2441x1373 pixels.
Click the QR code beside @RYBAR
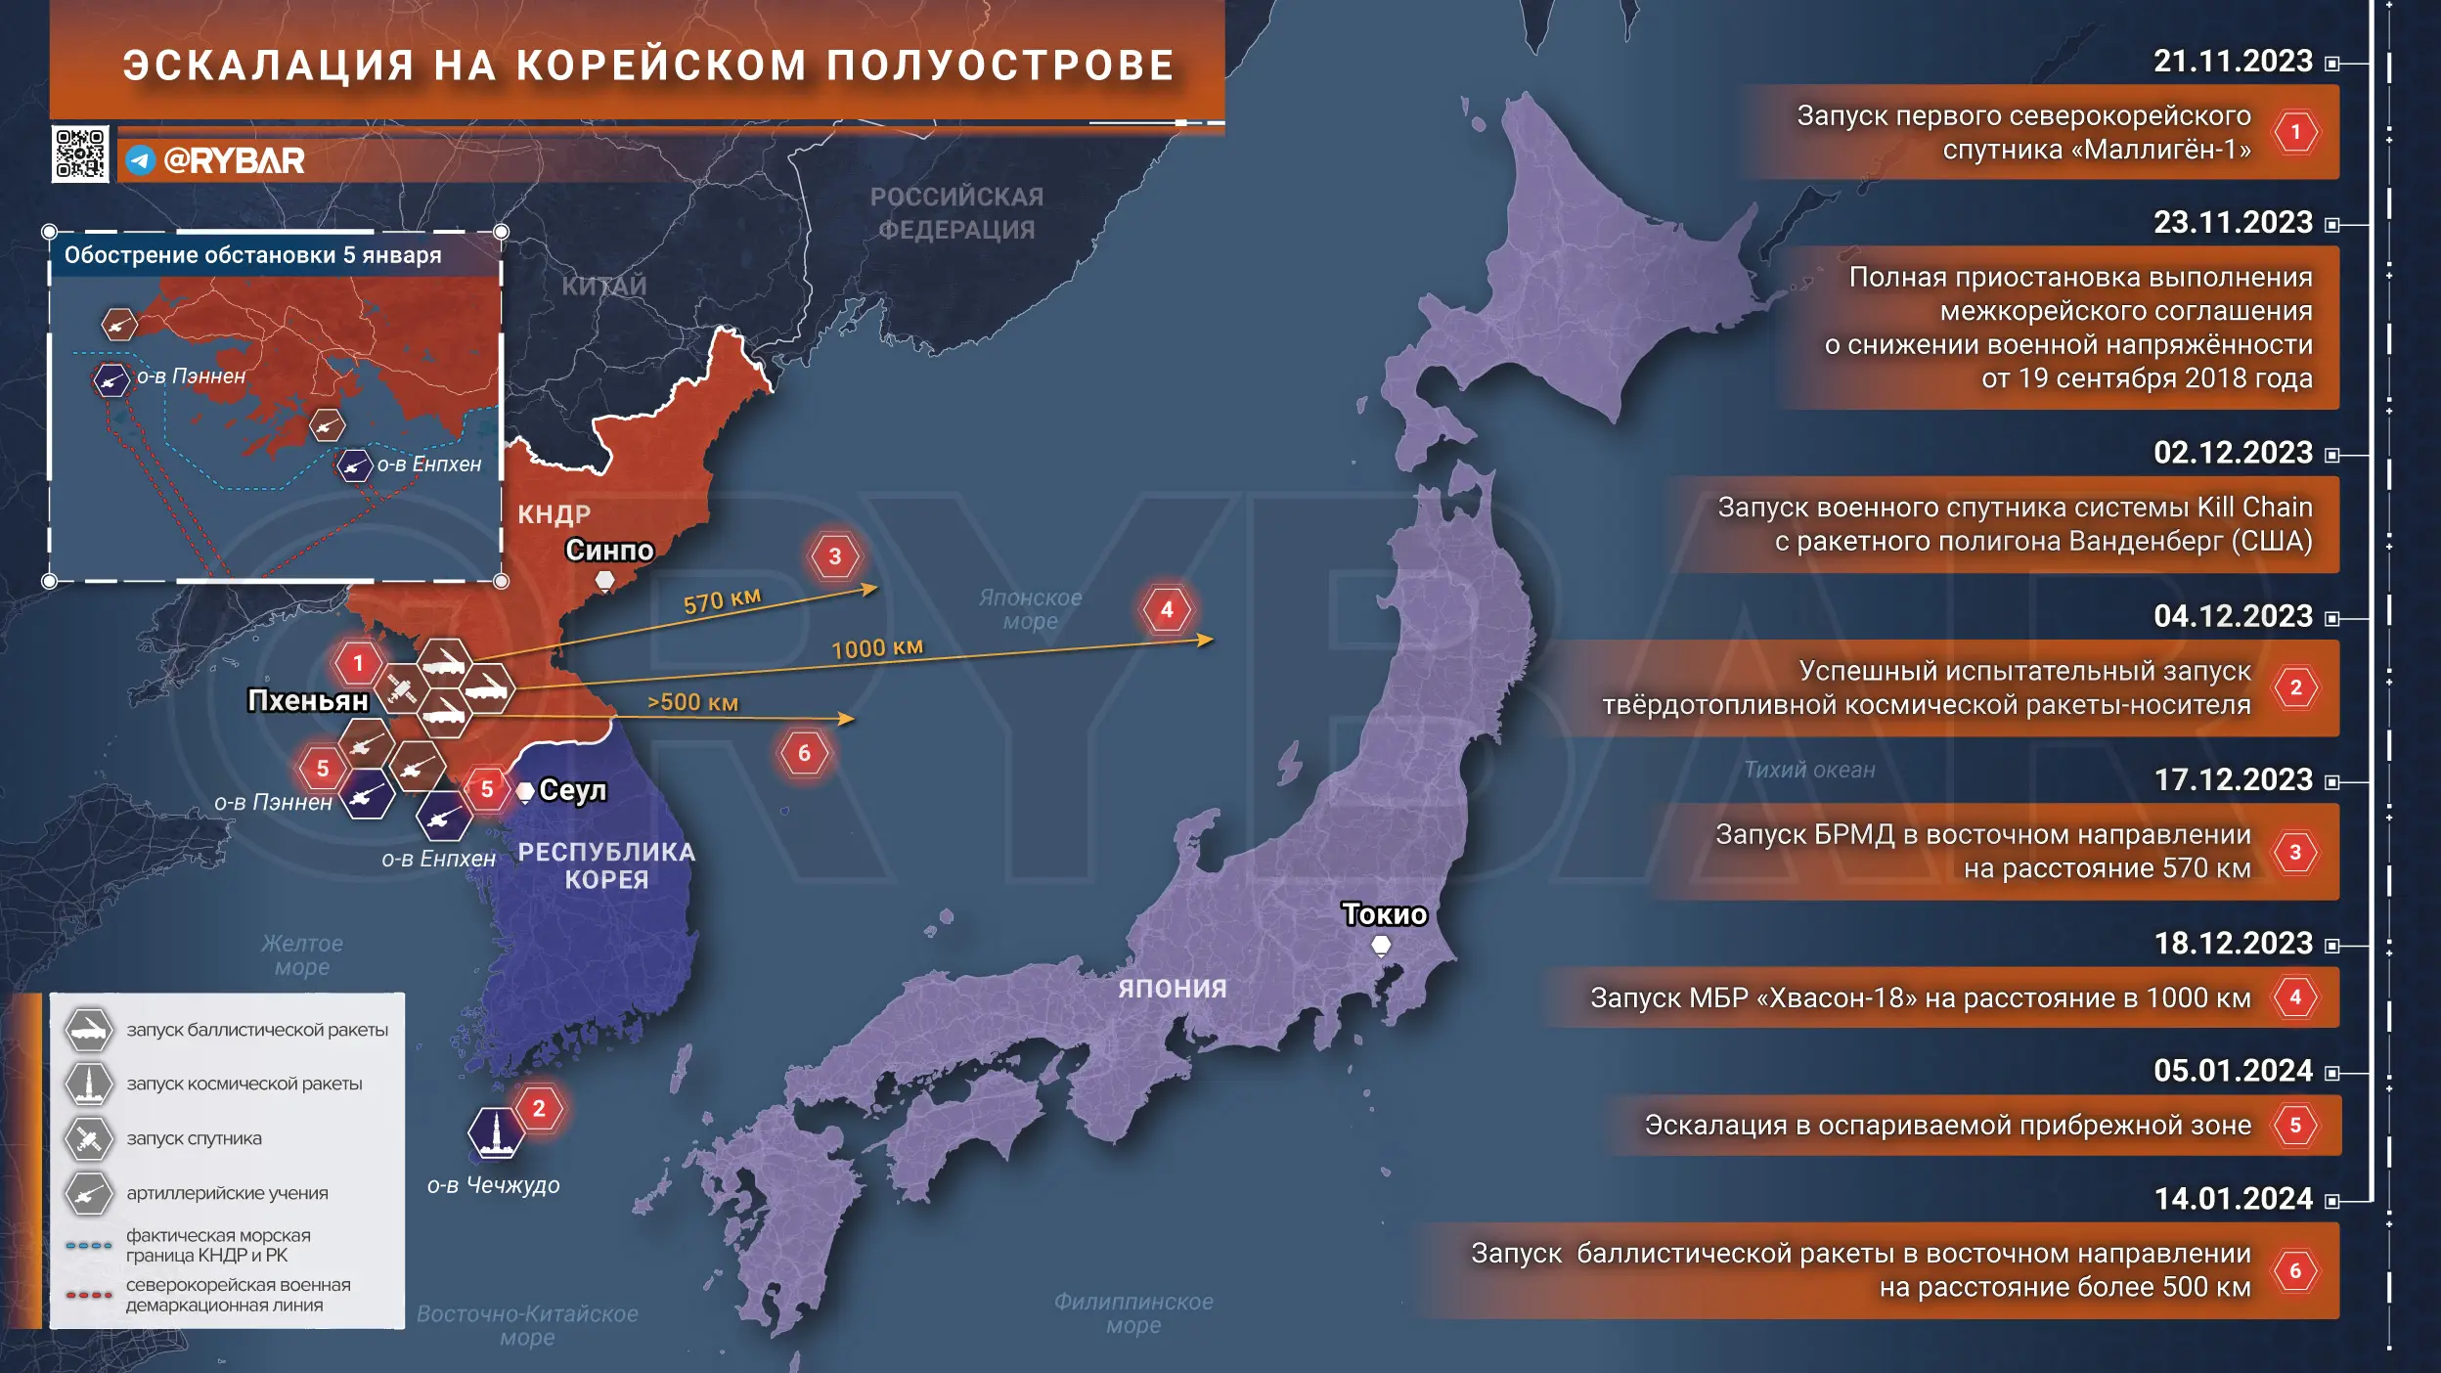click(x=80, y=155)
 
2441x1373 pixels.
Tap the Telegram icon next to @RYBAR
click(x=141, y=160)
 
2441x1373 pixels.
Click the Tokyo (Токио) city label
click(x=1384, y=914)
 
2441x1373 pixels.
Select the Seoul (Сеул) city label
click(x=572, y=790)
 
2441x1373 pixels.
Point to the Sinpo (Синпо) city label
click(x=608, y=551)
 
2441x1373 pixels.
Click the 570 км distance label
click(x=722, y=600)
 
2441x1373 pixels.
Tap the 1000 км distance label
click(x=876, y=648)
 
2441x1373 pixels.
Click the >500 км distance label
click(x=692, y=702)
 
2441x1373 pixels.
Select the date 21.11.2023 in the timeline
click(x=2233, y=62)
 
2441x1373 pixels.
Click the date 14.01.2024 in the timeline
click(x=2233, y=1199)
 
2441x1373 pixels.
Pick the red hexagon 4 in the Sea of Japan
click(x=1167, y=610)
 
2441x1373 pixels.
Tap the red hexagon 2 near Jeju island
click(x=539, y=1109)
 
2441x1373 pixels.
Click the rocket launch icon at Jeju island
click(x=496, y=1132)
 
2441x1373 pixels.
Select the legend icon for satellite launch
click(x=89, y=1138)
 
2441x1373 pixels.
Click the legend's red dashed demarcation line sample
click(x=89, y=1295)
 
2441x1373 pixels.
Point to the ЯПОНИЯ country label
click(x=1172, y=989)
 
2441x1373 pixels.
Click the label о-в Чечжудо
click(x=493, y=1185)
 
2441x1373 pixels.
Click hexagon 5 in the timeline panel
click(x=2294, y=1126)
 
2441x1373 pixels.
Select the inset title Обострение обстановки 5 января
click(x=252, y=255)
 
